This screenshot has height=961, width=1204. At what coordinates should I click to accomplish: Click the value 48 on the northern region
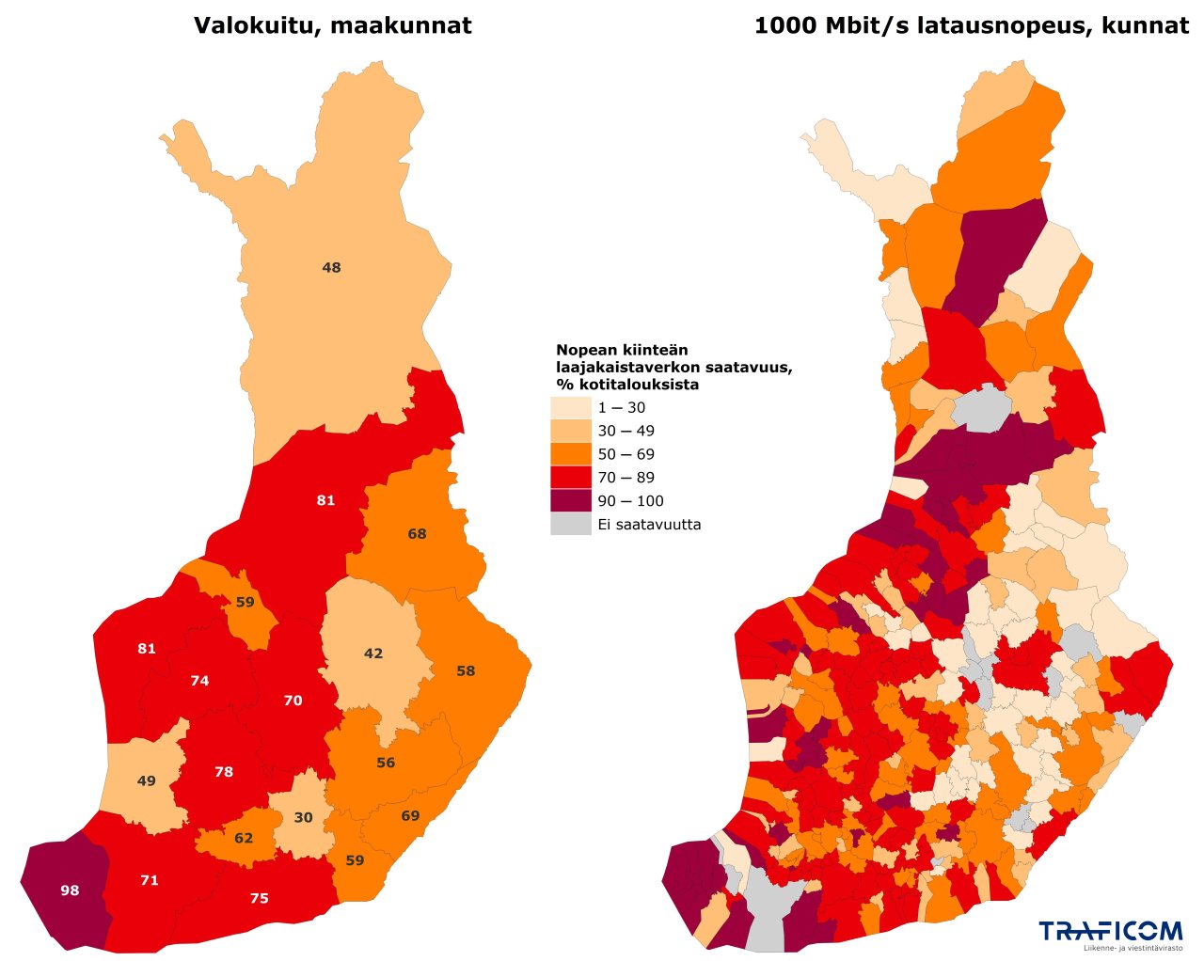click(x=331, y=268)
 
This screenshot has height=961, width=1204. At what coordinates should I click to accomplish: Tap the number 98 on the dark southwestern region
click(x=70, y=890)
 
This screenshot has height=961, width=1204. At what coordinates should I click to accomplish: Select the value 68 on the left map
click(x=417, y=534)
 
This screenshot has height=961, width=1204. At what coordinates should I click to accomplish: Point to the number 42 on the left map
click(x=373, y=654)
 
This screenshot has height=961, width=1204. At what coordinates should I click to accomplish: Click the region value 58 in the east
click(x=466, y=671)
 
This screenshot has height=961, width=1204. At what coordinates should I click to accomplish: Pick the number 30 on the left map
click(x=303, y=818)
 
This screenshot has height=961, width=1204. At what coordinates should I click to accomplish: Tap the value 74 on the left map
click(x=199, y=681)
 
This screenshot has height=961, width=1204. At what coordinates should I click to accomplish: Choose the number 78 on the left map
click(x=224, y=772)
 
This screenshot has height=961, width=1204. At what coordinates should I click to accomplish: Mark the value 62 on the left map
click(x=244, y=838)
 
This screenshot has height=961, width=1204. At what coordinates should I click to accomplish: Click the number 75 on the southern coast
click(x=259, y=899)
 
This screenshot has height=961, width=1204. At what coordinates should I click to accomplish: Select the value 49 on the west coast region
click(x=147, y=781)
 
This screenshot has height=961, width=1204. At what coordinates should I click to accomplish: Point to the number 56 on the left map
click(x=386, y=763)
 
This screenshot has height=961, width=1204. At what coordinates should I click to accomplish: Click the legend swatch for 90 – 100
click(x=570, y=501)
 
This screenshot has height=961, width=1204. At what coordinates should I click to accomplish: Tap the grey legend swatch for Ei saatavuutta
click(x=570, y=525)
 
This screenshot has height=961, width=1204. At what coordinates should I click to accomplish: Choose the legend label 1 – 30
click(x=621, y=408)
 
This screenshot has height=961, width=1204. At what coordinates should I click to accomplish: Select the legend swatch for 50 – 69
click(x=570, y=454)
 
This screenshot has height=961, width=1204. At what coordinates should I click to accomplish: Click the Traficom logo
click(x=1110, y=932)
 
